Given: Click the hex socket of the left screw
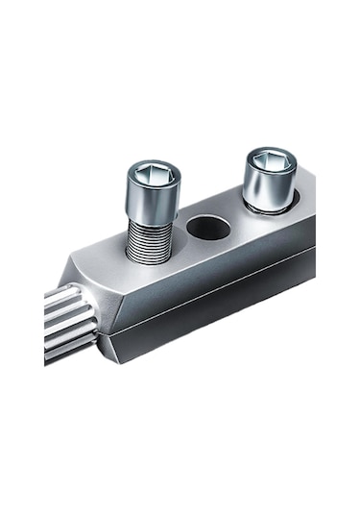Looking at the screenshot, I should pos(153,174).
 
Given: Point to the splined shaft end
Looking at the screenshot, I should pos(70,323).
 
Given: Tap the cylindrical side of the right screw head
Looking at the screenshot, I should pos(268,185).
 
